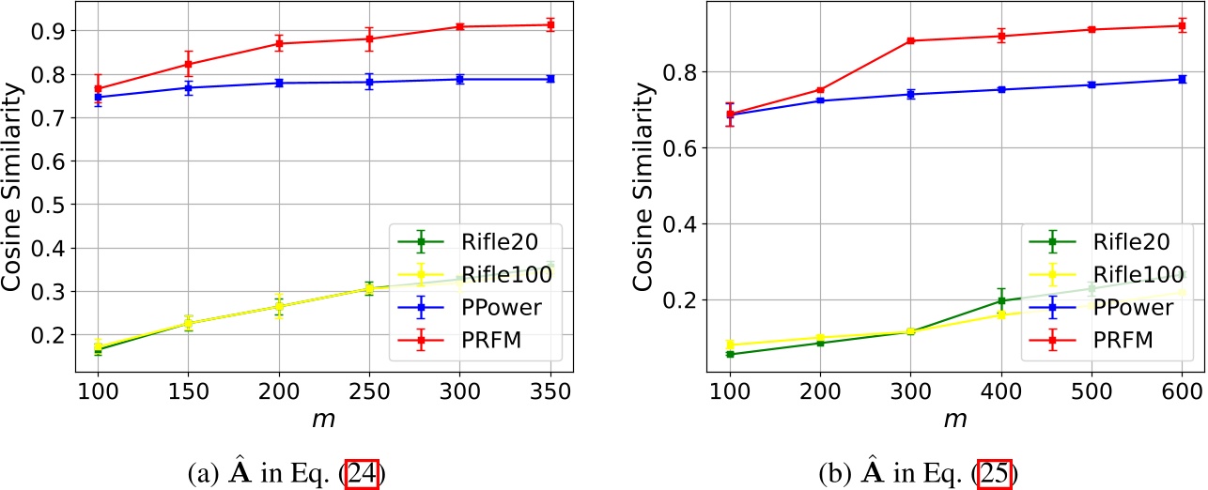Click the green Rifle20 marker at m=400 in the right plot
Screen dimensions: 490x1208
coord(1001,300)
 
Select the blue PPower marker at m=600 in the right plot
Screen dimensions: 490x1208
coord(1182,79)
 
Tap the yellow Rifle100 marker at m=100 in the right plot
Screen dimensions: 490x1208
coord(729,345)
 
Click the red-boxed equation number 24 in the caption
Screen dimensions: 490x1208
coord(363,473)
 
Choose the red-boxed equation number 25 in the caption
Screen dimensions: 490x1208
coord(993,473)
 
